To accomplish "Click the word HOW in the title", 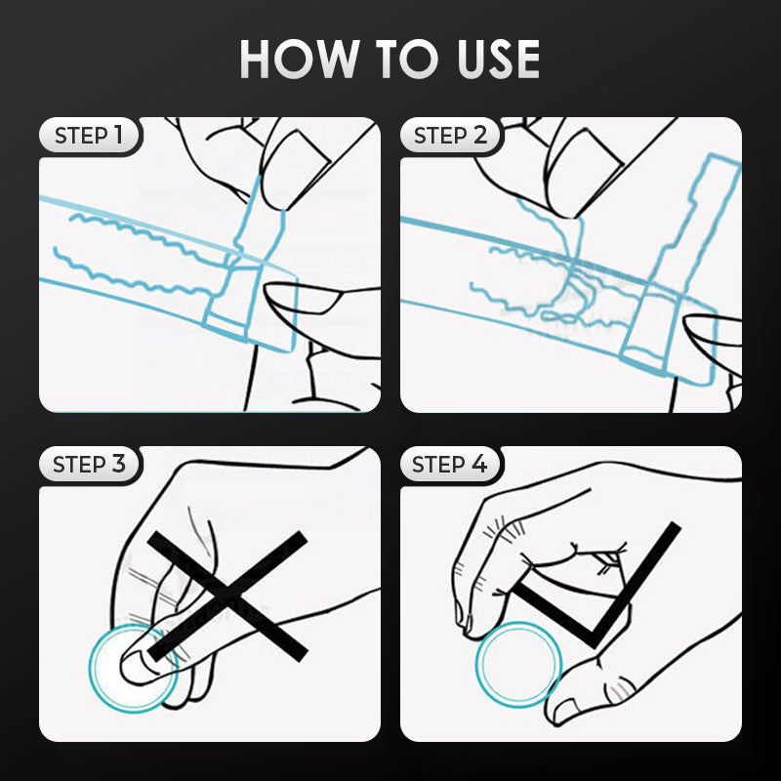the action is (x=300, y=59).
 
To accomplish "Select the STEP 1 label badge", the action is (x=90, y=135).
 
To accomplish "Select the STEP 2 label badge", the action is (x=451, y=135).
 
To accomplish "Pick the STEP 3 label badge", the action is (x=90, y=465).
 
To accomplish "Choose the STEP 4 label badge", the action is (x=451, y=465).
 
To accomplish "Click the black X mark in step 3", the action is (x=227, y=596).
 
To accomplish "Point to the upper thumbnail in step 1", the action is (x=296, y=168).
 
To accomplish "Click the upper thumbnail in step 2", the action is (x=584, y=171).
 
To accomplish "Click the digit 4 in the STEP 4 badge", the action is (x=478, y=465).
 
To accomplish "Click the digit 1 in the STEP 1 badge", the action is (x=118, y=135).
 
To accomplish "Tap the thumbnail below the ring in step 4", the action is (x=564, y=707).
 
